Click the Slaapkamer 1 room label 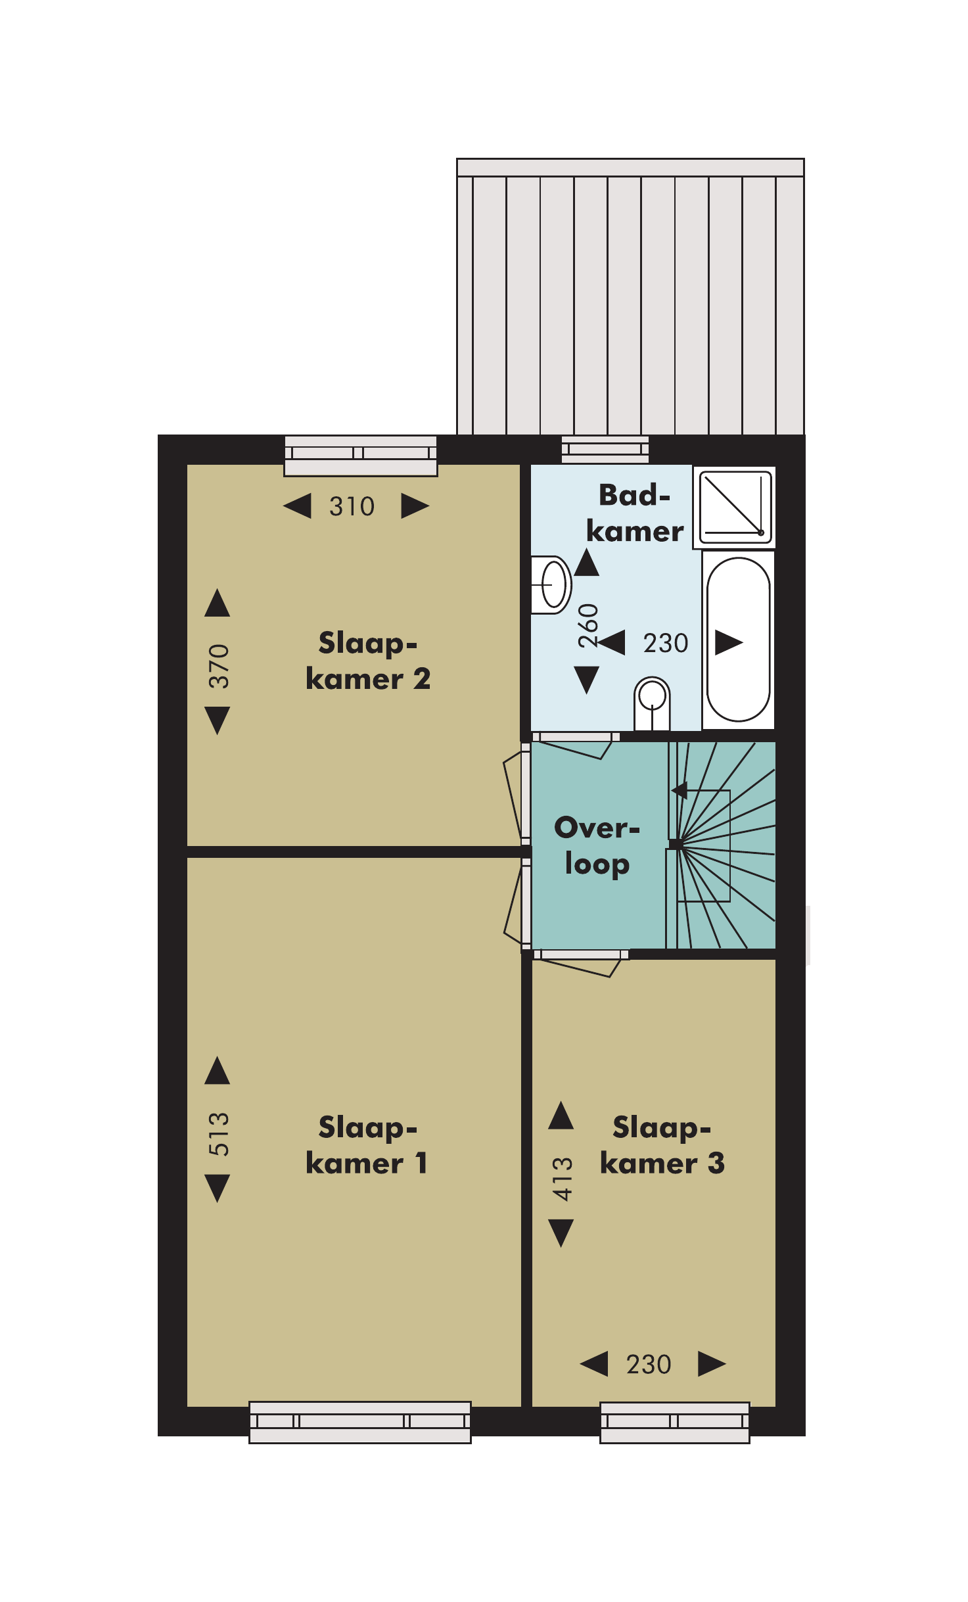pyautogui.click(x=367, y=1144)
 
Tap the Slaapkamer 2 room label pyautogui.click(x=368, y=661)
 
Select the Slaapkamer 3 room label pyautogui.click(x=662, y=1144)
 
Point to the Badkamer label pyautogui.click(x=635, y=513)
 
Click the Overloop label pyautogui.click(x=597, y=846)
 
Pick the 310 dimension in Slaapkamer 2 pyautogui.click(x=352, y=506)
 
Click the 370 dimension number pyautogui.click(x=219, y=666)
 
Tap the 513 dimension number pyautogui.click(x=219, y=1134)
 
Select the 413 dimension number pyautogui.click(x=563, y=1179)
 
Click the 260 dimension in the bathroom pyautogui.click(x=588, y=626)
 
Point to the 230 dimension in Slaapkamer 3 pyautogui.click(x=649, y=1364)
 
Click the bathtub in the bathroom pyautogui.click(x=738, y=640)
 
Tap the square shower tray pyautogui.click(x=735, y=507)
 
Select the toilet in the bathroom pyautogui.click(x=652, y=703)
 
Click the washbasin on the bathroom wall pyautogui.click(x=551, y=585)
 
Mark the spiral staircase pyautogui.click(x=721, y=845)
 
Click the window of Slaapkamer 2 pyautogui.click(x=361, y=456)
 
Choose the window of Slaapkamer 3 pyautogui.click(x=675, y=1423)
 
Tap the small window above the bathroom pyautogui.click(x=605, y=450)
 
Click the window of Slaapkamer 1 pyautogui.click(x=360, y=1423)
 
